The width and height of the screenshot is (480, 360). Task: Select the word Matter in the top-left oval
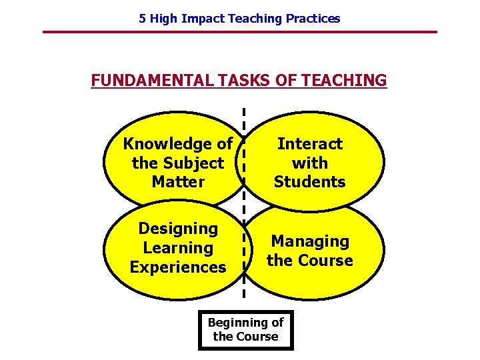(x=178, y=181)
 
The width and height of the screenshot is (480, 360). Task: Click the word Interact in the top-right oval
(x=310, y=144)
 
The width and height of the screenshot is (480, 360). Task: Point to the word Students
(x=310, y=181)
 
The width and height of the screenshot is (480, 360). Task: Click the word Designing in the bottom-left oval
(x=178, y=229)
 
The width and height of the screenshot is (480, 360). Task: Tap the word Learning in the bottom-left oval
(x=178, y=248)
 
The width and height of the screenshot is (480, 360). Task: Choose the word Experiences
(x=178, y=267)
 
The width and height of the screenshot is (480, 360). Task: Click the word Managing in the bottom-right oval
(x=310, y=241)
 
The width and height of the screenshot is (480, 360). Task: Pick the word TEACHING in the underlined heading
(x=344, y=81)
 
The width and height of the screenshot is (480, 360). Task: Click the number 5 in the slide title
(x=142, y=19)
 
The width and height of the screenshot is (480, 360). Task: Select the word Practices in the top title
(x=313, y=19)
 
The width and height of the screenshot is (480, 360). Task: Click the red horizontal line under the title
(x=240, y=32)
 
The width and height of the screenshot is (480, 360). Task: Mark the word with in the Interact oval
(x=310, y=163)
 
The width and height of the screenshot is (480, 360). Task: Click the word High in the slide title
(x=163, y=19)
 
